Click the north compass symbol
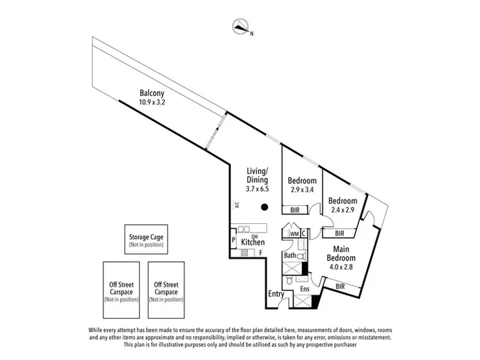(x=240, y=26)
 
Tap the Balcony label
(x=152, y=93)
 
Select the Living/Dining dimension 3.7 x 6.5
(x=257, y=189)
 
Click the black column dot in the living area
(x=265, y=207)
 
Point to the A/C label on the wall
(x=237, y=205)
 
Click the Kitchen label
(x=253, y=242)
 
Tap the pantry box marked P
(x=233, y=240)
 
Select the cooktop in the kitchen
(x=244, y=253)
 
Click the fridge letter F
(x=261, y=253)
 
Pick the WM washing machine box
(x=295, y=234)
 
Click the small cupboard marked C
(x=304, y=233)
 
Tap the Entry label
(x=276, y=294)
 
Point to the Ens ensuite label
(x=305, y=289)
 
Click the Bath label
(x=290, y=255)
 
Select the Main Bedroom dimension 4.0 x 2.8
(x=341, y=267)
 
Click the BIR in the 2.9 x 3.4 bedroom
(x=295, y=210)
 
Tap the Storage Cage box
(x=146, y=239)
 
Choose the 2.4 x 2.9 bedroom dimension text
(x=343, y=210)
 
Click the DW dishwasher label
(x=255, y=236)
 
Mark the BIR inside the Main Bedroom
(x=340, y=287)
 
